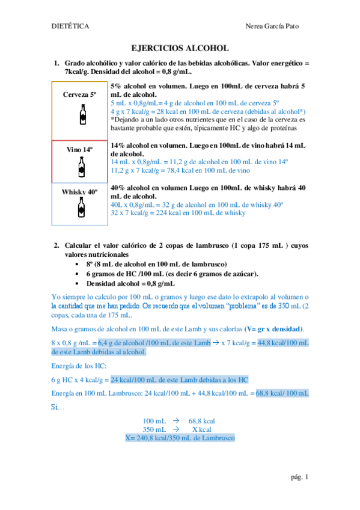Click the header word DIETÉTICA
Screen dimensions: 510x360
(x=70, y=26)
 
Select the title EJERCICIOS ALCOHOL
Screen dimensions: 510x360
(x=180, y=49)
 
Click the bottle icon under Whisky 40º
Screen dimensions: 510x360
(x=81, y=207)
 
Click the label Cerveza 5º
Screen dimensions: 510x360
(x=80, y=95)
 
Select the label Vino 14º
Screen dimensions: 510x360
(x=81, y=149)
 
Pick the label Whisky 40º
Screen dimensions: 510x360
(x=80, y=191)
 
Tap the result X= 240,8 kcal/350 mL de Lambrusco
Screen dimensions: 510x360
(x=180, y=438)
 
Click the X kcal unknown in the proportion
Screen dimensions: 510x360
(x=203, y=430)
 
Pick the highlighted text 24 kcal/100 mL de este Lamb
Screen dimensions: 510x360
(x=180, y=380)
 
